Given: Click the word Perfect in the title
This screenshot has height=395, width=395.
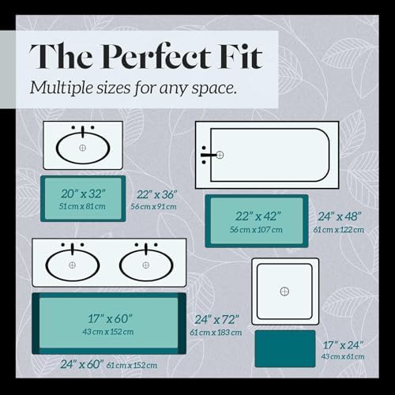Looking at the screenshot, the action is click(156, 56).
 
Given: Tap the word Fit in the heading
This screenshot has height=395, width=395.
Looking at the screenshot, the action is click(240, 56).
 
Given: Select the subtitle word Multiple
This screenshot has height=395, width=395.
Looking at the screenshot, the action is click(62, 88).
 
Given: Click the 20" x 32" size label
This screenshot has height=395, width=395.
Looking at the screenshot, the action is click(83, 194).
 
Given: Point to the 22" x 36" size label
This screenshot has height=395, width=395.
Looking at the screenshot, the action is click(156, 194).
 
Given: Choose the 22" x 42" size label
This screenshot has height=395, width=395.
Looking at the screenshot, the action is click(258, 216).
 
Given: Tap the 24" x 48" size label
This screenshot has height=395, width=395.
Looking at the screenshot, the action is click(340, 216).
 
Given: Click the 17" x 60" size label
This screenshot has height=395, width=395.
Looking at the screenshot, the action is click(110, 318).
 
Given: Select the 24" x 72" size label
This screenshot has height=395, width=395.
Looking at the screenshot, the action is click(216, 320).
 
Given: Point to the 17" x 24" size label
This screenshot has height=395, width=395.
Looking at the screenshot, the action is click(343, 345).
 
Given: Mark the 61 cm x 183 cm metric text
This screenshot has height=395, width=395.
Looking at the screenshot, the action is click(216, 333).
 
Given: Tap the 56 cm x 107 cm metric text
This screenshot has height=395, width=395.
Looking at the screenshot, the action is click(256, 230).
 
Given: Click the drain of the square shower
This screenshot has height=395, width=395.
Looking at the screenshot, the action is click(284, 292).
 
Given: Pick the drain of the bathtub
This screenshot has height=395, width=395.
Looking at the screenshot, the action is click(220, 155).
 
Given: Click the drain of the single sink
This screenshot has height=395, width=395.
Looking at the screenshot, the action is click(83, 148).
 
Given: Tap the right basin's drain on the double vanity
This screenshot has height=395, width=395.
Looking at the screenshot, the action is click(145, 265).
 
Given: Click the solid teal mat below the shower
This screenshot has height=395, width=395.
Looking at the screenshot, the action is click(285, 348).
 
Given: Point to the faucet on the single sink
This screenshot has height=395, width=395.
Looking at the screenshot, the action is click(83, 131).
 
